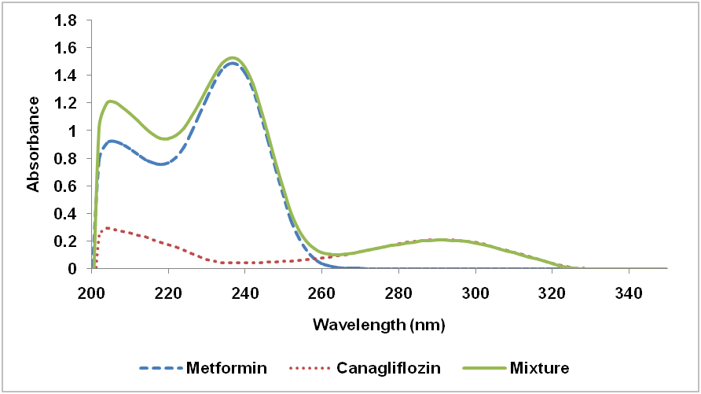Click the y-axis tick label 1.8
[x=65, y=20]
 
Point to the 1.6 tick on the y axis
[x=65, y=48]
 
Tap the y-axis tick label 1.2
[x=65, y=103]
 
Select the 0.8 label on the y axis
[x=65, y=158]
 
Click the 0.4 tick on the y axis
[x=65, y=213]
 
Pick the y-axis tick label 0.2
[x=65, y=241]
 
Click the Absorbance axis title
[x=34, y=143]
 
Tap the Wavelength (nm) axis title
[x=380, y=324]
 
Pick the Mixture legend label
[x=539, y=367]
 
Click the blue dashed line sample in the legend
[x=161, y=367]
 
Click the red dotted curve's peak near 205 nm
[x=107, y=228]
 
